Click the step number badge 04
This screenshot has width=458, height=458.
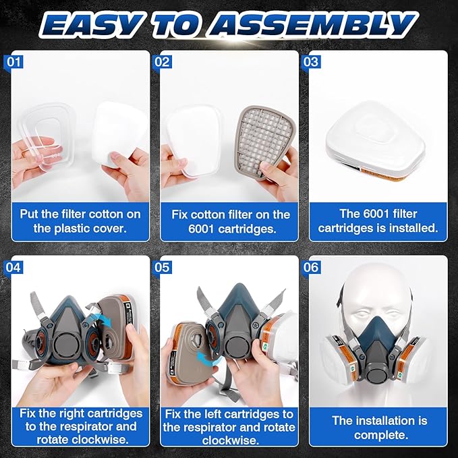coord(13,267)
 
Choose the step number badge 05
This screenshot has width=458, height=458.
coord(163,267)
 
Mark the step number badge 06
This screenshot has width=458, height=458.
coord(311,267)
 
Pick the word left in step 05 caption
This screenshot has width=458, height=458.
coord(214,413)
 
